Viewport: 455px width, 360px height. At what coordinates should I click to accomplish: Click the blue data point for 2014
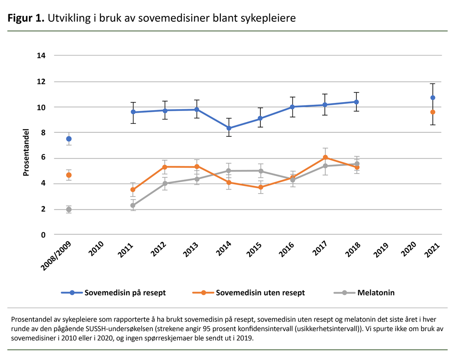tap(228, 128)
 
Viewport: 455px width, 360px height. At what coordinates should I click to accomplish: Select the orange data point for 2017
tap(325, 157)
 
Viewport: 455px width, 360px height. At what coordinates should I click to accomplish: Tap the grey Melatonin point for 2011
tap(133, 206)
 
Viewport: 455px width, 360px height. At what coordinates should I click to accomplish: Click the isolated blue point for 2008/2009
tap(69, 139)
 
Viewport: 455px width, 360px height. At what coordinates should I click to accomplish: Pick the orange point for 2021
tap(433, 112)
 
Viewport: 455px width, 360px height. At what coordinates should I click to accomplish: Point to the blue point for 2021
tap(433, 98)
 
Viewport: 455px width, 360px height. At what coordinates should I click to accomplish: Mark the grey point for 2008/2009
tap(69, 210)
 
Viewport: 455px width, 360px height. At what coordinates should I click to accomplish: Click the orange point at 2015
tap(260, 187)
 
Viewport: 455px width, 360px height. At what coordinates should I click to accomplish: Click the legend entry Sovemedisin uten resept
tap(248, 293)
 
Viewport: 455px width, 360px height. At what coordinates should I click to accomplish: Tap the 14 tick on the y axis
tap(41, 56)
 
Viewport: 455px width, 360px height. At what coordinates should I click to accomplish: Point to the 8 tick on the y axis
tap(44, 133)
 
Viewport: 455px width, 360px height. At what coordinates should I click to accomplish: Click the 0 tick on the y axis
tap(44, 235)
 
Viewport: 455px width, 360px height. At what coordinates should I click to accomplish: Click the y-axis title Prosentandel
tap(26, 152)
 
